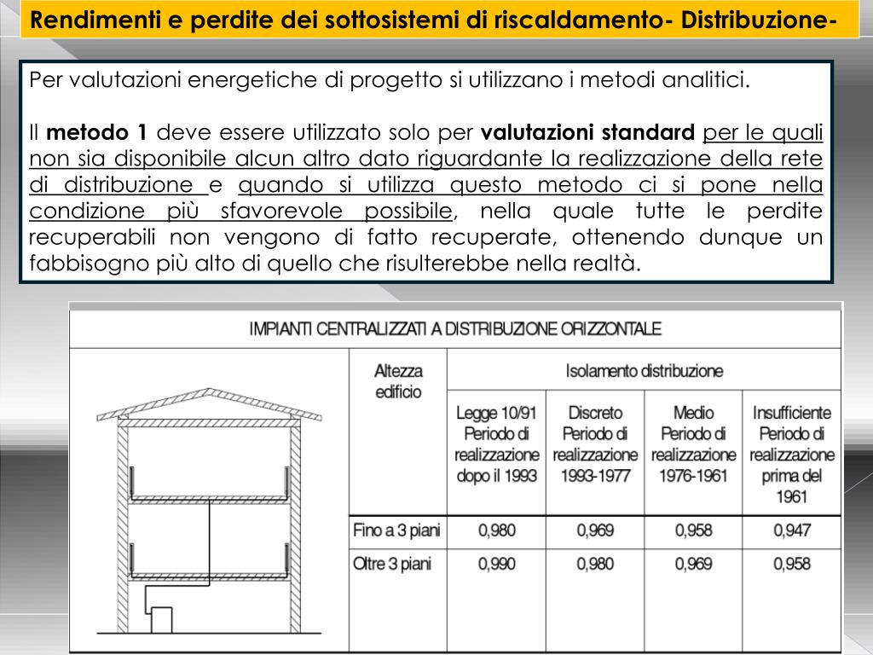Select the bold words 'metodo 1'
[97, 133]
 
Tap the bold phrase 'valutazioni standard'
[588, 133]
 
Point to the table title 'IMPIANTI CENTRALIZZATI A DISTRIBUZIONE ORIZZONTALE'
[454, 328]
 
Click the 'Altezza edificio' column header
[398, 381]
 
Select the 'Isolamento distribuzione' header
[644, 371]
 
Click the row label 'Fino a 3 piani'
[396, 531]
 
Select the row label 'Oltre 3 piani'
[392, 564]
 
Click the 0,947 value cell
[792, 531]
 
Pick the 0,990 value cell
[496, 564]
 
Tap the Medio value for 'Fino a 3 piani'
[693, 531]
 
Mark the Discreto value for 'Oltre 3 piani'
[595, 564]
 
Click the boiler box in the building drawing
[161, 619]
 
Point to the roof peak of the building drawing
[209, 391]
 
